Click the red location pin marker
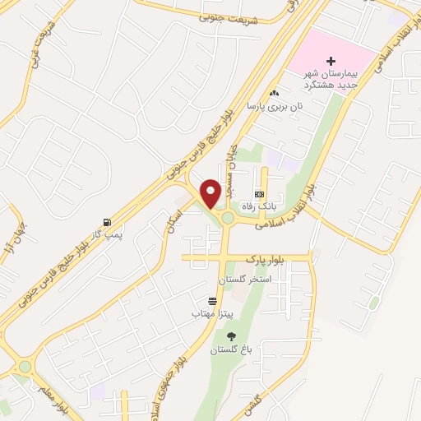pyautogui.click(x=210, y=192)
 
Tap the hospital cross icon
pyautogui.click(x=331, y=61)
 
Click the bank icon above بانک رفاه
pyautogui.click(x=259, y=194)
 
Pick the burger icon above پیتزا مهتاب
pyautogui.click(x=213, y=301)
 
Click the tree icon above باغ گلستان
pyautogui.click(x=230, y=336)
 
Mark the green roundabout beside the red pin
pyautogui.click(x=226, y=218)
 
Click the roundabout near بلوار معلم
pyautogui.click(x=25, y=367)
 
